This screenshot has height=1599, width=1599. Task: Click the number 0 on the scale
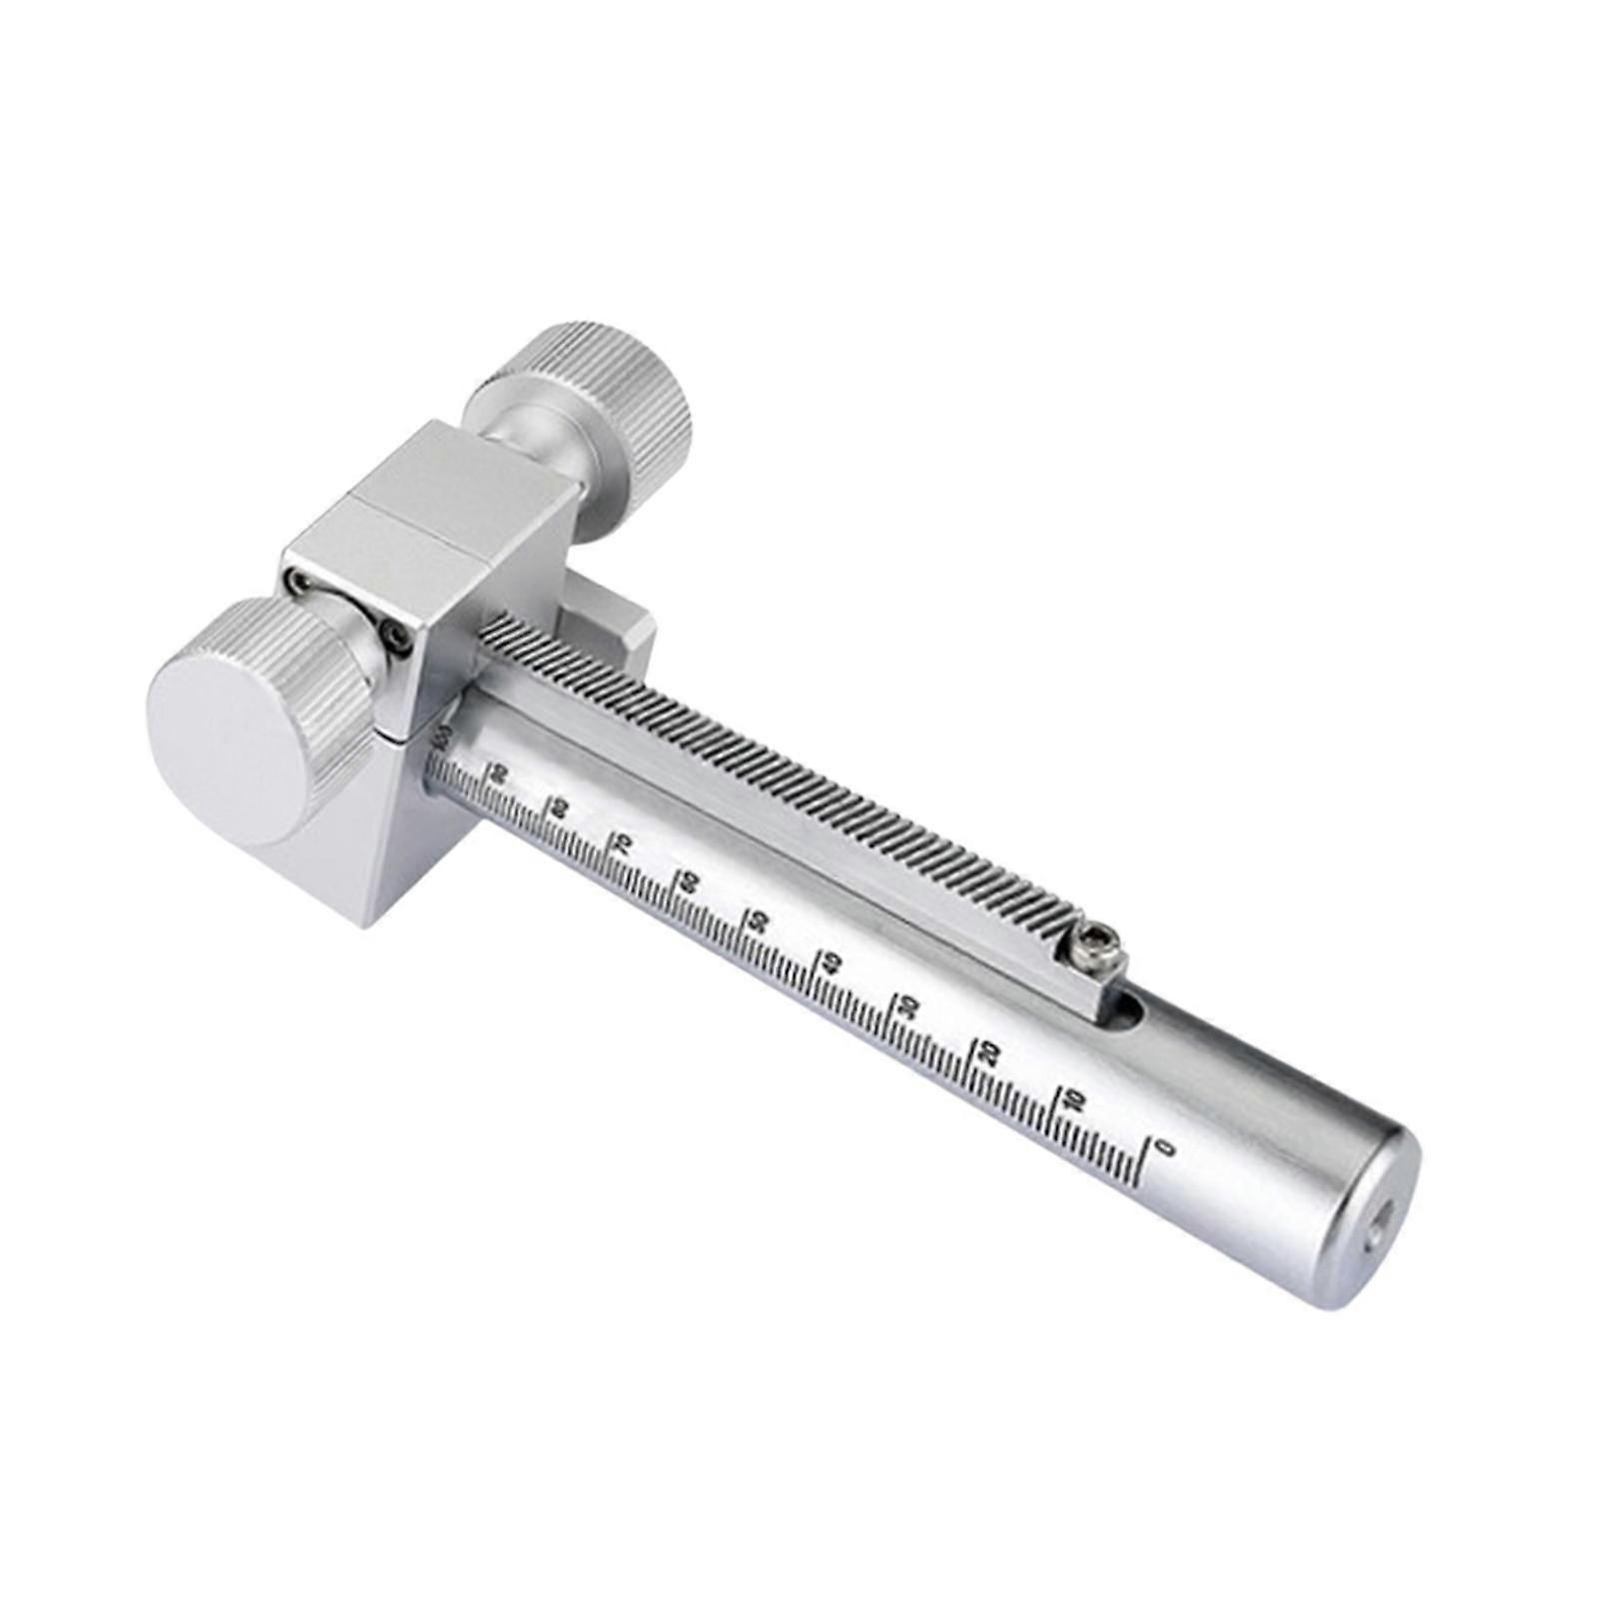(x=1162, y=1147)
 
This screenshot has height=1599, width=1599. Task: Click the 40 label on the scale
(x=831, y=962)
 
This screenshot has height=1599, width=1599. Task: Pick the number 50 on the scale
(x=759, y=919)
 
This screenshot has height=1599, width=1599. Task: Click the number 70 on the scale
(x=621, y=842)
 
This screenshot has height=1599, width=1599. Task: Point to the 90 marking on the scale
(x=499, y=774)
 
